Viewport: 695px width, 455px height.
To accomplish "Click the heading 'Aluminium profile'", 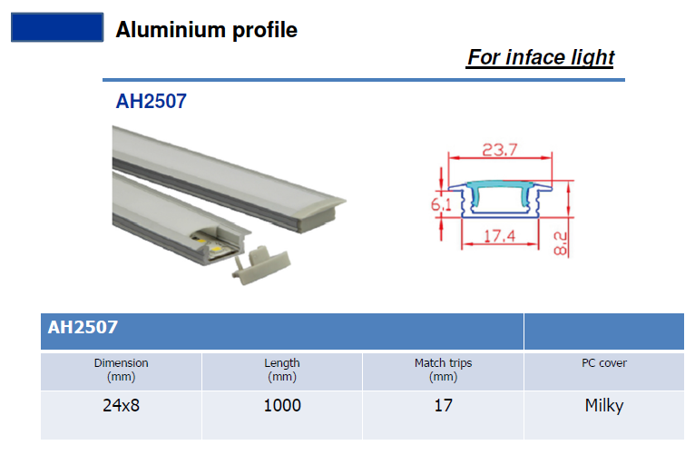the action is (x=206, y=30).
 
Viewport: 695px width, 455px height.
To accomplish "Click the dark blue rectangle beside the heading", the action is (x=57, y=27).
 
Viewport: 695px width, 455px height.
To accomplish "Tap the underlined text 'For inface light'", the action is (x=541, y=57).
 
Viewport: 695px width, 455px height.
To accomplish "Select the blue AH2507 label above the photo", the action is (x=152, y=101).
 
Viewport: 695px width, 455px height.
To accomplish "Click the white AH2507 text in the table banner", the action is (x=83, y=327).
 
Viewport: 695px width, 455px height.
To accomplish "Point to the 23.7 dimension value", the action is (x=500, y=150).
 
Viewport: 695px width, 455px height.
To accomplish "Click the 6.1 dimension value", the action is (x=441, y=204).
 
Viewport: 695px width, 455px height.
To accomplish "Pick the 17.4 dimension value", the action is (x=500, y=235).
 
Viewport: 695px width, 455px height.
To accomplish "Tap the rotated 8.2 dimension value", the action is (x=561, y=243).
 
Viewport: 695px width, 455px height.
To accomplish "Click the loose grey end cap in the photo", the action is (x=261, y=264).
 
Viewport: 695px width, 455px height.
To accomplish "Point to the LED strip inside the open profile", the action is (x=212, y=246).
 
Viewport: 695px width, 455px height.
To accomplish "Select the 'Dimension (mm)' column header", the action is (x=121, y=370).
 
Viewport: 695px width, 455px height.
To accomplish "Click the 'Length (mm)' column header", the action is (x=282, y=370).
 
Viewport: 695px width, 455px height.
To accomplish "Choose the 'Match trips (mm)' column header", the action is (x=444, y=370).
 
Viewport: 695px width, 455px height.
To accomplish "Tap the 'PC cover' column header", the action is (x=604, y=363).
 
